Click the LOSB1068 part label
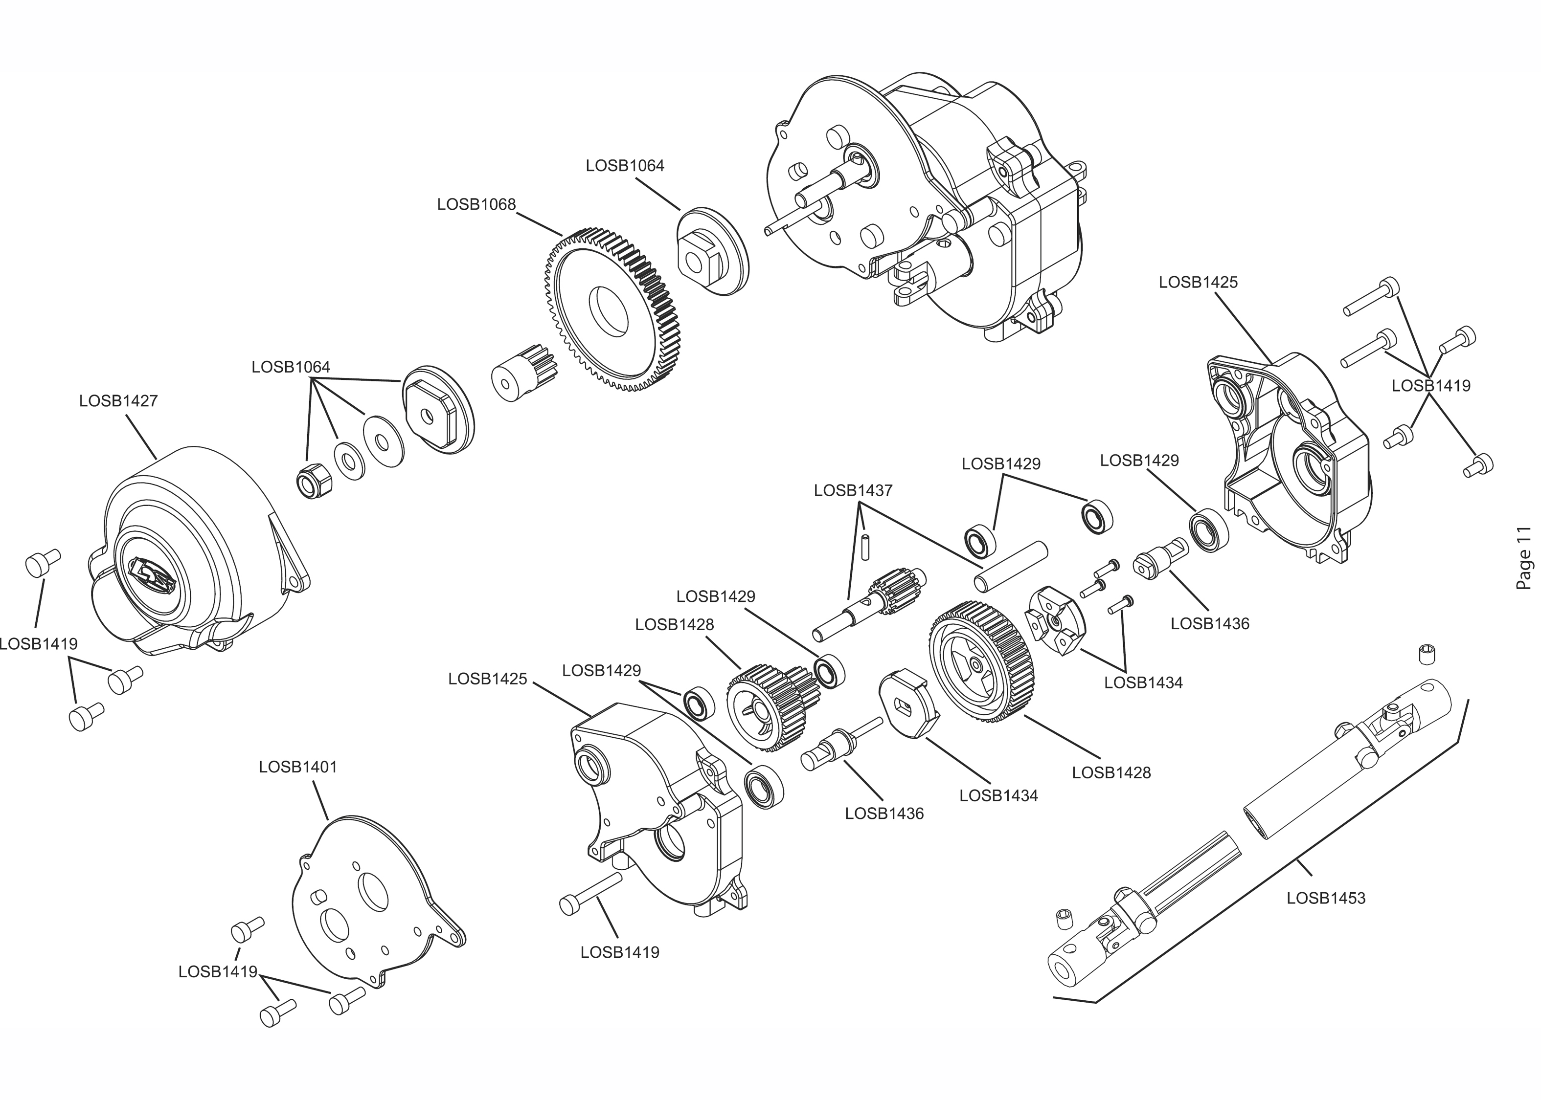click(476, 204)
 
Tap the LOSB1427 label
click(118, 401)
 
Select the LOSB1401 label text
click(298, 768)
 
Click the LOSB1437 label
click(853, 490)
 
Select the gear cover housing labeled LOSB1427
click(197, 552)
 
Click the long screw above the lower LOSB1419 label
click(591, 894)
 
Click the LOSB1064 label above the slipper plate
click(626, 166)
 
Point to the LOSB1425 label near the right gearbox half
click(1198, 283)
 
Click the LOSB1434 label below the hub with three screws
click(1143, 683)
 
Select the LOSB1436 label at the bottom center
click(884, 814)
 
